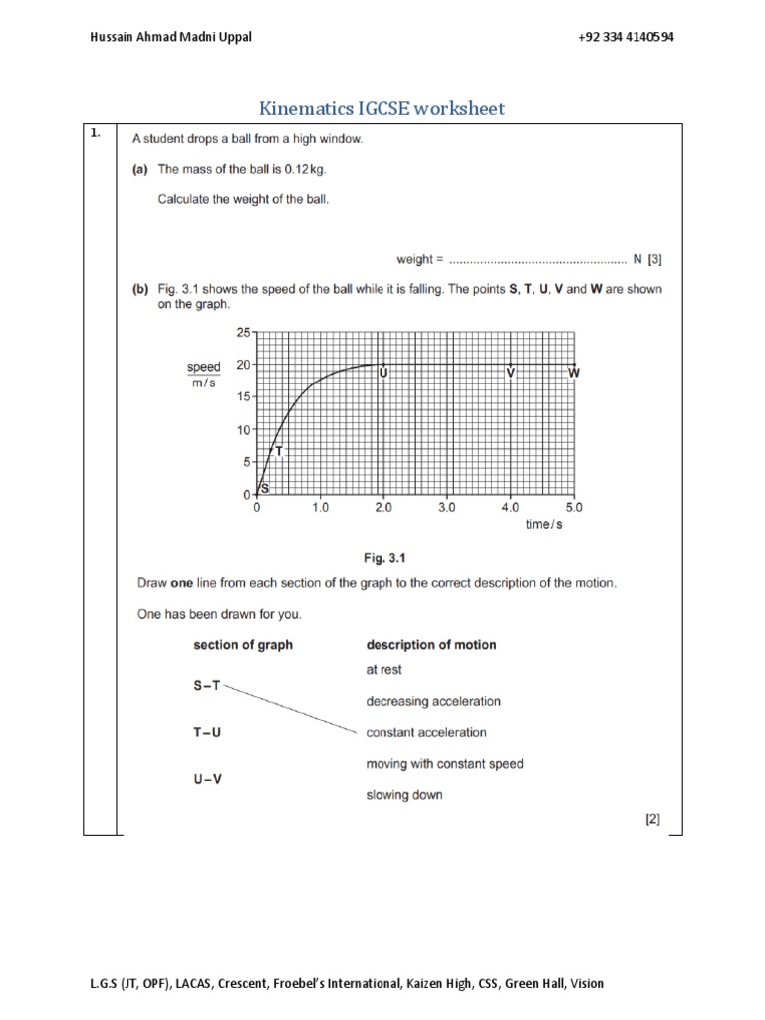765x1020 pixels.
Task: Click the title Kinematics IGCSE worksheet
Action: (382, 107)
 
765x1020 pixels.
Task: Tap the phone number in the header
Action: (625, 37)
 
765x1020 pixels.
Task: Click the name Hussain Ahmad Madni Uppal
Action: (156, 37)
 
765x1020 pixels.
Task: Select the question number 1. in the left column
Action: (96, 137)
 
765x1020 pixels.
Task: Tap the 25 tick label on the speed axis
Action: (243, 332)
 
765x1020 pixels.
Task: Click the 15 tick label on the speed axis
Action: (243, 396)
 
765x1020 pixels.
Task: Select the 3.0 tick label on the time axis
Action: (446, 508)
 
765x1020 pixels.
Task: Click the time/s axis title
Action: (544, 525)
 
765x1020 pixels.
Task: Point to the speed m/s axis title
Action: (203, 376)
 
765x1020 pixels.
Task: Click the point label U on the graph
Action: (383, 373)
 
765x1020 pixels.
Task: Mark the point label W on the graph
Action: (574, 373)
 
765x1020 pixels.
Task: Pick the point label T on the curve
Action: (279, 451)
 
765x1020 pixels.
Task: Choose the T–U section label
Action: (207, 732)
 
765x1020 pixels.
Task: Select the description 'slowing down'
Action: (404, 795)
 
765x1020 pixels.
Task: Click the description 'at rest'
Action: (384, 670)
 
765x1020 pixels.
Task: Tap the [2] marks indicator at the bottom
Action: (652, 821)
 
